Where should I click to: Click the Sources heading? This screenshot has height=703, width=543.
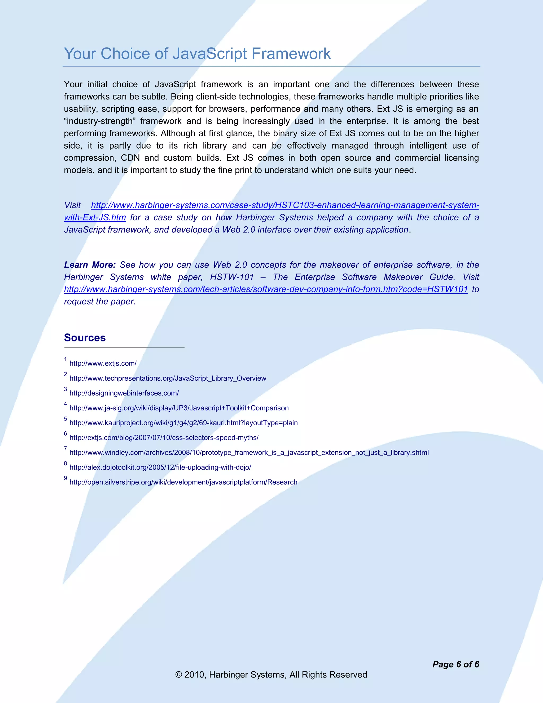click(85, 338)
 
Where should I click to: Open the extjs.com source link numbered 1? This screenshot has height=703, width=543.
click(103, 363)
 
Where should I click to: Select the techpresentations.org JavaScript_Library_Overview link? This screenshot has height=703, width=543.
click(168, 378)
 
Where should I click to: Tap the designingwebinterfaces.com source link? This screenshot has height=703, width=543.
click(124, 393)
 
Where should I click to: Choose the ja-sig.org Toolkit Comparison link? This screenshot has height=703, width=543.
click(179, 408)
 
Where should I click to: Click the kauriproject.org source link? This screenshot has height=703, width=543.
click(183, 423)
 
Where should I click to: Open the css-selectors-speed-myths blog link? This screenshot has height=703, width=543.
click(164, 437)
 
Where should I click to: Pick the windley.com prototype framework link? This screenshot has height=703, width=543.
click(249, 452)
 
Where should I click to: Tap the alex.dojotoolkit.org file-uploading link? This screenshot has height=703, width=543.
click(160, 467)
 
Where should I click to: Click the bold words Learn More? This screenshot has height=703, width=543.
click(90, 265)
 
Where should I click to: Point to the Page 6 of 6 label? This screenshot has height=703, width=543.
click(456, 664)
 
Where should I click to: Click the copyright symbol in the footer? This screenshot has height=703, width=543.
click(178, 675)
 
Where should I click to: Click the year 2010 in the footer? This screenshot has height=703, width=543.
click(194, 675)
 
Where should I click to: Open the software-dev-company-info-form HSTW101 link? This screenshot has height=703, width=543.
click(266, 289)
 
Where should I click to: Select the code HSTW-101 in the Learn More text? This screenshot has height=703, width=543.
click(232, 277)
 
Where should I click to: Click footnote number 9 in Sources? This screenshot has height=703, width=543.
click(65, 478)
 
